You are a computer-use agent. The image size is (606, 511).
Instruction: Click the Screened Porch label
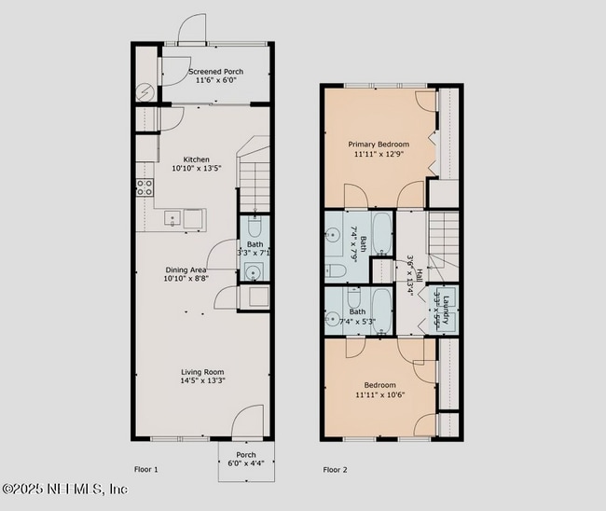coord(217,72)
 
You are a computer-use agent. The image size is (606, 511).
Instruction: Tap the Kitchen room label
coord(196,159)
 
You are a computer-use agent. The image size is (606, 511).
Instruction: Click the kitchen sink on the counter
coord(172,219)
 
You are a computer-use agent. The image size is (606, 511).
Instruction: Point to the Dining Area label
coord(186,269)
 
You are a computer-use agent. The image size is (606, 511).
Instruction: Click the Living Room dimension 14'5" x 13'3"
coord(202,380)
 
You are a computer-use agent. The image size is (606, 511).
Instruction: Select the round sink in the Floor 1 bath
coord(252,272)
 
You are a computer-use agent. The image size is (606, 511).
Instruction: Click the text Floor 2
coord(335,470)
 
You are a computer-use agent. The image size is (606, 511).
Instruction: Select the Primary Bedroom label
coord(379,145)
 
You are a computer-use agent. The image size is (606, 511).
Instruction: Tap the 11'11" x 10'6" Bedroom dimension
coord(379,395)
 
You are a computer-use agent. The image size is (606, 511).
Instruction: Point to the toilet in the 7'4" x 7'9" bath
coord(337,270)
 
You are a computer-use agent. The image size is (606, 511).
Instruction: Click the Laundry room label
coord(447,308)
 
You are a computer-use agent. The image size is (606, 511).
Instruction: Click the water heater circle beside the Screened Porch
coord(146,92)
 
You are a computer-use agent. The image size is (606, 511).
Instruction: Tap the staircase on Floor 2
coord(444,229)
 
